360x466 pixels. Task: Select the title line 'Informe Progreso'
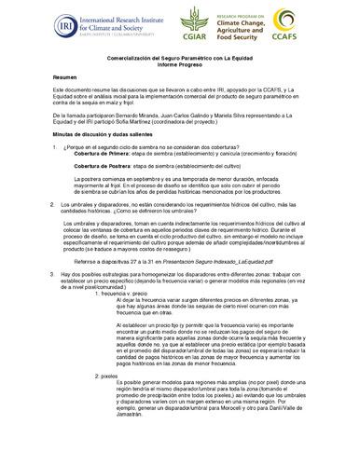pos(179,64)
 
